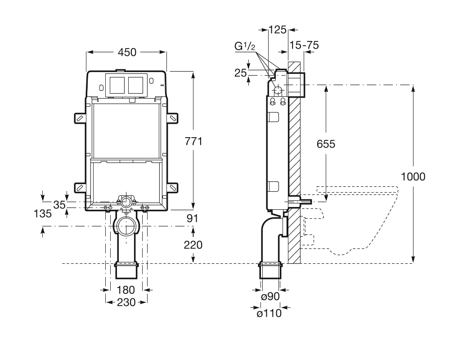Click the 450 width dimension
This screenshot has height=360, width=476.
click(127, 52)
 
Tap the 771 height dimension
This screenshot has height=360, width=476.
click(193, 141)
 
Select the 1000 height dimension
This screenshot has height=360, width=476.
click(413, 176)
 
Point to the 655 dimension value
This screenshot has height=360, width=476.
click(326, 144)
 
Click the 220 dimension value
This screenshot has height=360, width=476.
click(193, 245)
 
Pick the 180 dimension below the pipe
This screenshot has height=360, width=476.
click(126, 289)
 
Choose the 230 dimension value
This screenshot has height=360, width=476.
click(126, 302)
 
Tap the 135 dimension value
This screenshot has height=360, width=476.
click(43, 213)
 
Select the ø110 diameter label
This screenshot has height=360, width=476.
click(269, 313)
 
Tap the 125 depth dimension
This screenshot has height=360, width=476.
click(277, 30)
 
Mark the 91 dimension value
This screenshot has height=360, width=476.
click(193, 218)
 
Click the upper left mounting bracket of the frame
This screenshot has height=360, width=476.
click(80, 117)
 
